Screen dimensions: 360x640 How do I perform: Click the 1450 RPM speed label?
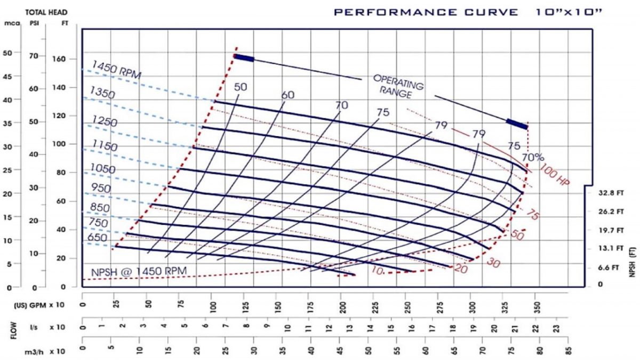[x=116, y=70]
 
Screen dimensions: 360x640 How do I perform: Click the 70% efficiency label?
[x=532, y=157]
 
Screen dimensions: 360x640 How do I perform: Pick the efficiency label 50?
[x=241, y=86]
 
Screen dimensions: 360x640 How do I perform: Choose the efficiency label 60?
[x=288, y=94]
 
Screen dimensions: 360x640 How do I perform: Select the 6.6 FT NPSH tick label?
[x=609, y=267]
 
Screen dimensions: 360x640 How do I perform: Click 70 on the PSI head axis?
[x=34, y=55]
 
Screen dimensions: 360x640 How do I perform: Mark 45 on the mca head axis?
[x=8, y=76]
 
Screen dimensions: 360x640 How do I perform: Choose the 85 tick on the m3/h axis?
[x=570, y=351]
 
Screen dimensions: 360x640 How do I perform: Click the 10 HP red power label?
[x=377, y=271]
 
